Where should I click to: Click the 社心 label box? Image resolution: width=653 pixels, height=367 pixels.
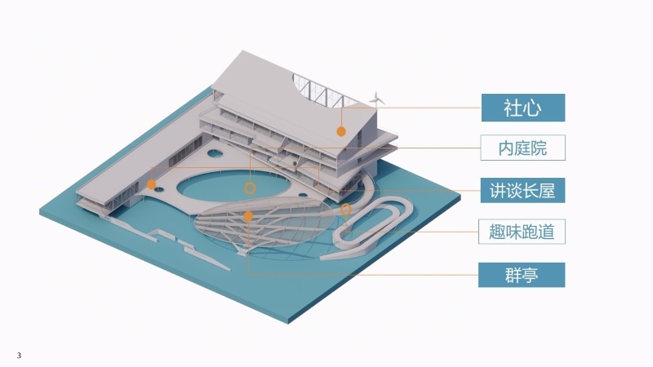pyautogui.click(x=523, y=108)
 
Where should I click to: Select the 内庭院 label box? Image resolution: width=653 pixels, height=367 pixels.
pyautogui.click(x=522, y=148)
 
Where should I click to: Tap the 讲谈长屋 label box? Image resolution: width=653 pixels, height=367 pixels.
pyautogui.click(x=522, y=191)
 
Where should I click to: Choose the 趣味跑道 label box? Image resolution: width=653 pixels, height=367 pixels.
pyautogui.click(x=522, y=232)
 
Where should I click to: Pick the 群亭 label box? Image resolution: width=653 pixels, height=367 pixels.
pyautogui.click(x=522, y=275)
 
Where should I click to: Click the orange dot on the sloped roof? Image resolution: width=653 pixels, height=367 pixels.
pyautogui.click(x=341, y=131)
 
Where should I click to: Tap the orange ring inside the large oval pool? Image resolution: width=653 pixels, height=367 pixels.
pyautogui.click(x=250, y=188)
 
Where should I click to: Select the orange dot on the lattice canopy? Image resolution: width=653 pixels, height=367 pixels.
pyautogui.click(x=248, y=216)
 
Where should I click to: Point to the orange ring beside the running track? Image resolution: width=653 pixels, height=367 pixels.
pyautogui.click(x=345, y=210)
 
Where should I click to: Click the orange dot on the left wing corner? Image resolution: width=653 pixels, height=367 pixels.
pyautogui.click(x=151, y=184)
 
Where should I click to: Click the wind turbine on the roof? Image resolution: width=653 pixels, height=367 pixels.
pyautogui.click(x=376, y=99)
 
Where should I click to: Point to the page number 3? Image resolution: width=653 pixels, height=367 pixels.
pyautogui.click(x=19, y=356)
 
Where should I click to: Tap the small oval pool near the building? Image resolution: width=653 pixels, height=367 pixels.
pyautogui.click(x=215, y=154)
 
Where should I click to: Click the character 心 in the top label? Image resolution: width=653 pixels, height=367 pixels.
pyautogui.click(x=533, y=108)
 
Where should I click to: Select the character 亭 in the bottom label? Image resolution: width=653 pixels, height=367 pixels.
pyautogui.click(x=530, y=275)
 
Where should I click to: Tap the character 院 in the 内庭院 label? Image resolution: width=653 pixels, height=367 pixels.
pyautogui.click(x=539, y=148)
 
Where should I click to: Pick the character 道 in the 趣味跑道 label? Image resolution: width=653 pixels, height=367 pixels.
pyautogui.click(x=546, y=232)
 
